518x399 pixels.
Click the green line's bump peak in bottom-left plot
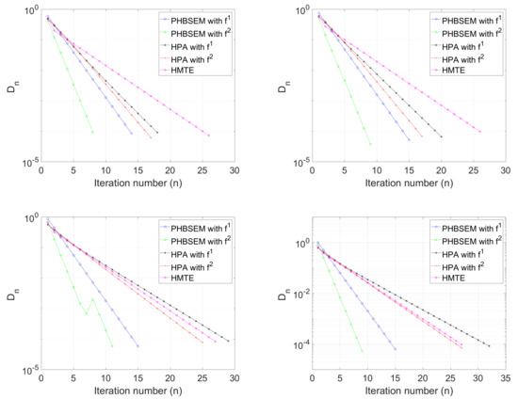[92, 300]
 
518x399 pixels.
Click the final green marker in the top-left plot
[92, 132]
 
